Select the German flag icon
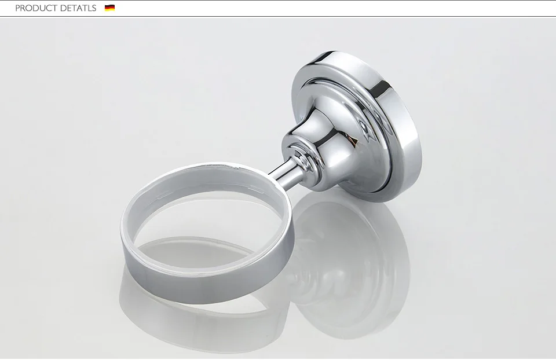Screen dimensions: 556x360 pyautogui.click(x=109, y=8)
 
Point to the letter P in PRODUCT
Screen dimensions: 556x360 pyautogui.click(x=17, y=8)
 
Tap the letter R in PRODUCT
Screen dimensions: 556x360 pyautogui.click(x=23, y=8)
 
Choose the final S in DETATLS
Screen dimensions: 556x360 pyautogui.click(x=94, y=8)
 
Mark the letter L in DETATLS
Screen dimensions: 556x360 pyautogui.click(x=89, y=8)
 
